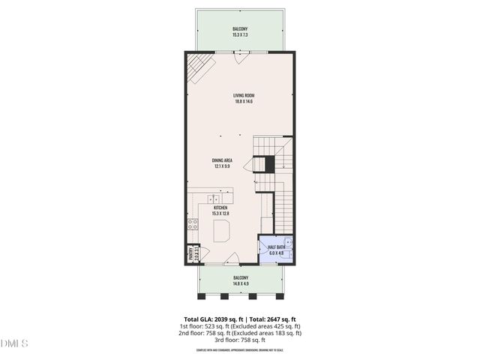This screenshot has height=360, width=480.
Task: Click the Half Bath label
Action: (x=276, y=247)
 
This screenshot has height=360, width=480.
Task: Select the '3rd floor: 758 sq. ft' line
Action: (x=239, y=340)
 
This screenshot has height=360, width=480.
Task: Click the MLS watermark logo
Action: (x=14, y=344)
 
